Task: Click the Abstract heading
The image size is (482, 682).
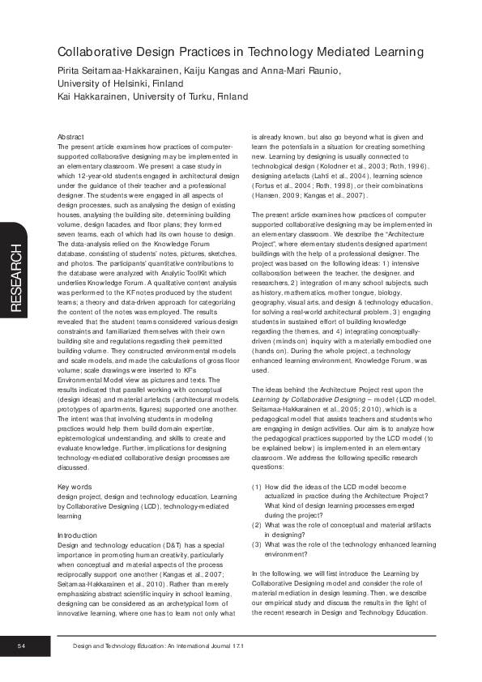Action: [72, 137]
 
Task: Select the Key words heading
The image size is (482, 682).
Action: [75, 486]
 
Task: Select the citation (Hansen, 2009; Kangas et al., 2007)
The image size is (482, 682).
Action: [312, 195]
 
